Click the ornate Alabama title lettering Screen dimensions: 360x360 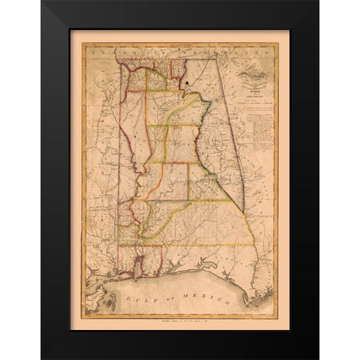point(250,73)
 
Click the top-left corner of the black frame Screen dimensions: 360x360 point(43,3)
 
